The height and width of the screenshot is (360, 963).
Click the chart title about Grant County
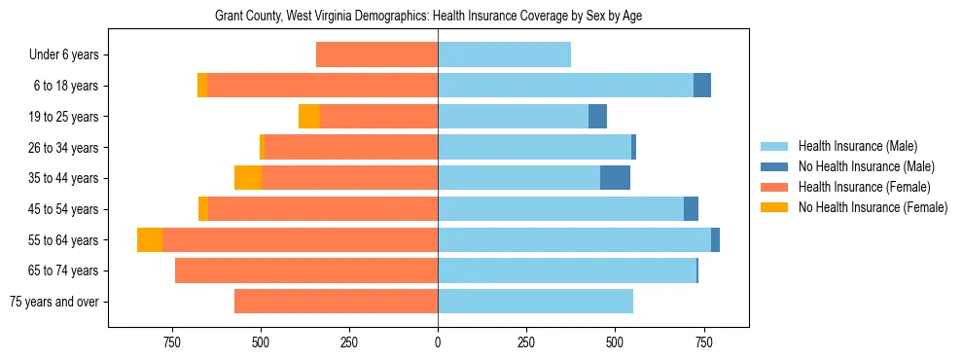428,16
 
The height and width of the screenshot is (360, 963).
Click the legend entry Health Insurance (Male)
857,146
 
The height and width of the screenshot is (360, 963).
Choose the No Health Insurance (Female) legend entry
873,207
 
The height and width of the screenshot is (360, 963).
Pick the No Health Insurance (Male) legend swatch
774,166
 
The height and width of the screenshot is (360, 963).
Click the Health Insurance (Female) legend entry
864,187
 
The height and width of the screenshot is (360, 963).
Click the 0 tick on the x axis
438,342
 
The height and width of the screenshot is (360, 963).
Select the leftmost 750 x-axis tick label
172,342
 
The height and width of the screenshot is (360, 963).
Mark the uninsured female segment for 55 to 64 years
150,239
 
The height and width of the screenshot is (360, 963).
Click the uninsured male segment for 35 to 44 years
615,178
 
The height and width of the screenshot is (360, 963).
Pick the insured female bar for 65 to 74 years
306,270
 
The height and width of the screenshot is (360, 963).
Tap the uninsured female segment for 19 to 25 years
309,117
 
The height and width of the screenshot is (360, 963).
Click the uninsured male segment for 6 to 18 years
702,86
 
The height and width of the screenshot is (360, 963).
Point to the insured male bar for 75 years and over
535,302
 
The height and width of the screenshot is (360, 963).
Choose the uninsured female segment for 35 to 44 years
248,178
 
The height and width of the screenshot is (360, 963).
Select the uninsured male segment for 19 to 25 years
598,117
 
